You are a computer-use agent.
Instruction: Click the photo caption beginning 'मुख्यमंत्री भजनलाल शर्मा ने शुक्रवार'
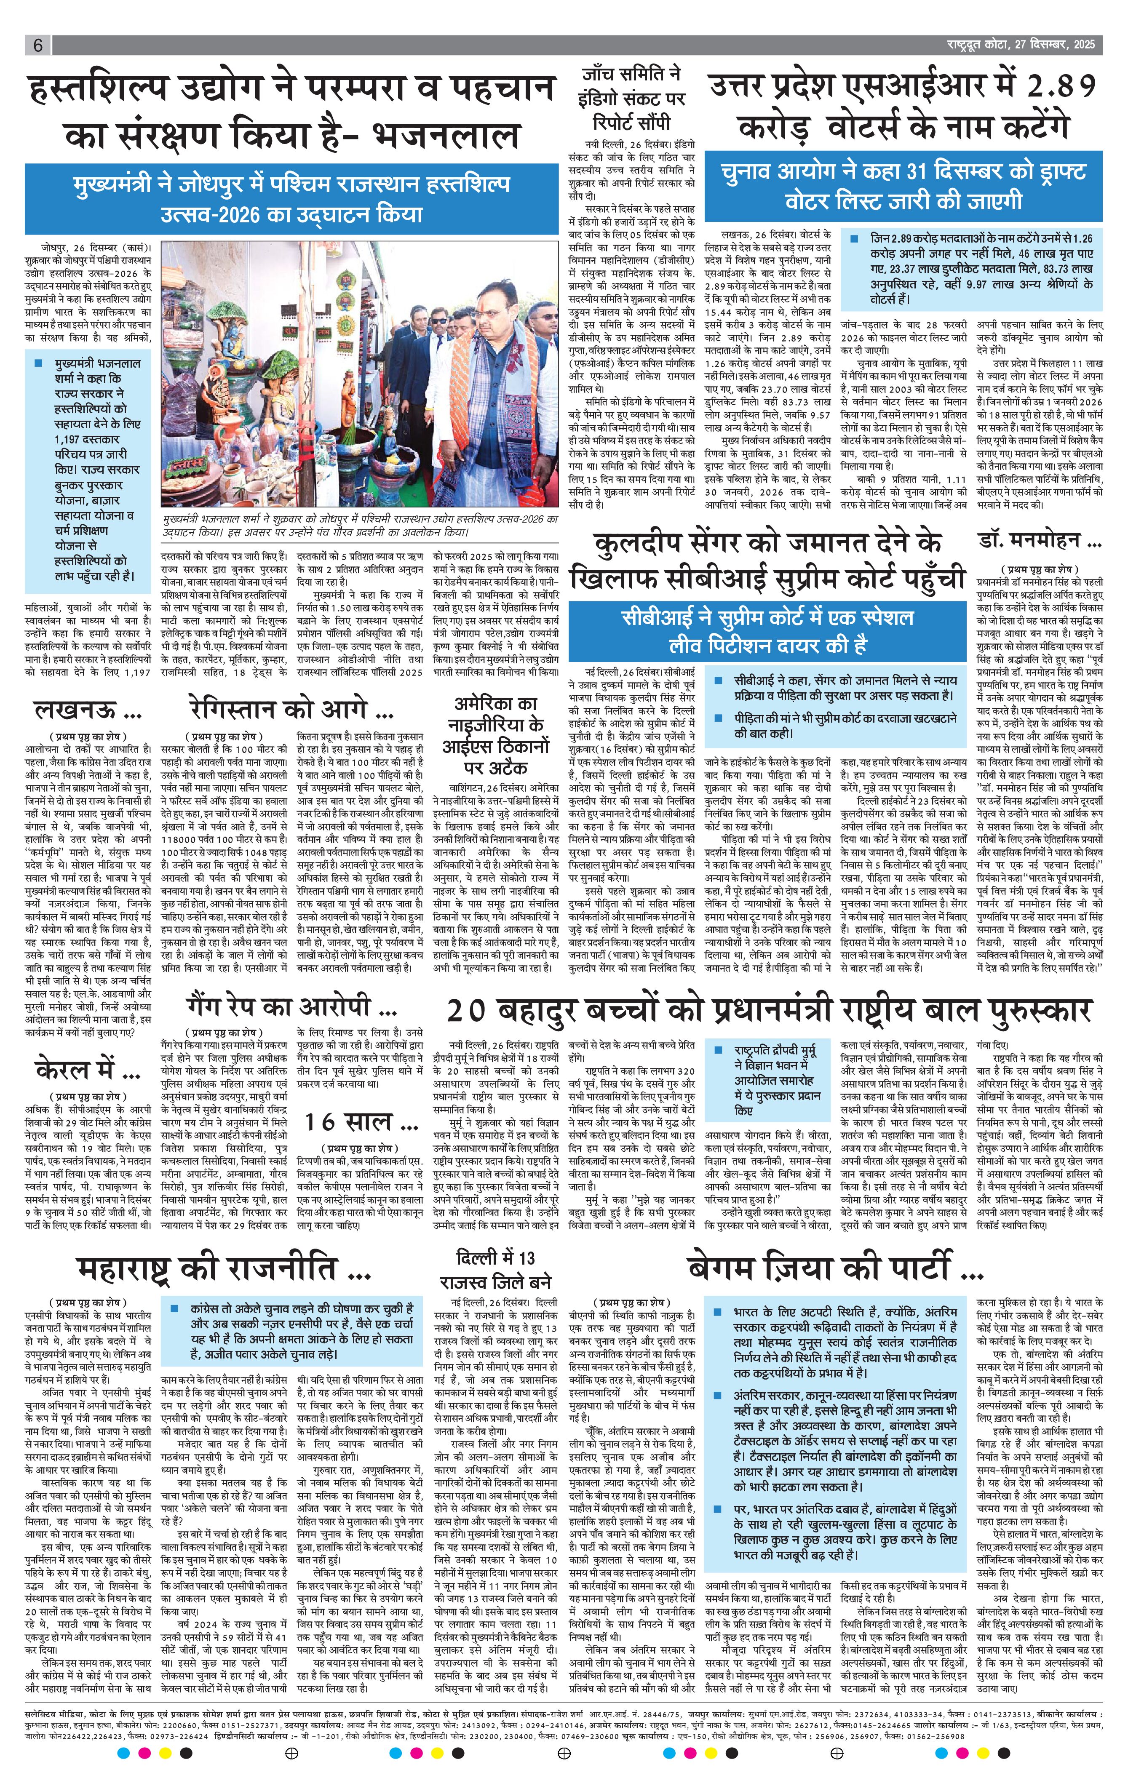359,526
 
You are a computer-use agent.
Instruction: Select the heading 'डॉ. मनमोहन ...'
1039,541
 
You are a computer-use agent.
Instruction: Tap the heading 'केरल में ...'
88,1070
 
